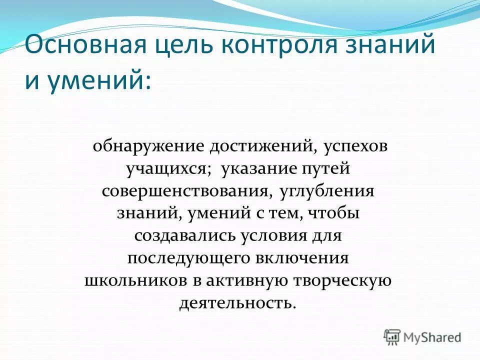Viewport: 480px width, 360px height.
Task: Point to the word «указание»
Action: (259, 169)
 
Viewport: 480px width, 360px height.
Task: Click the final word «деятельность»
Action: (237, 303)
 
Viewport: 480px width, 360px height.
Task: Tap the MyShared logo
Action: (422, 336)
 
